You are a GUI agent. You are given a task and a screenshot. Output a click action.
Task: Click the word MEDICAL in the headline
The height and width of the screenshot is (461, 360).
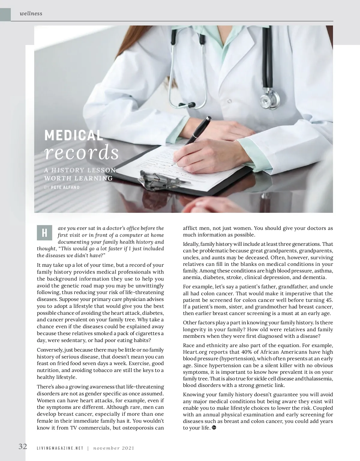point(73,135)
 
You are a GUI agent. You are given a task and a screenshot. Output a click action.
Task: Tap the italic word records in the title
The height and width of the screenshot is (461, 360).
point(81,153)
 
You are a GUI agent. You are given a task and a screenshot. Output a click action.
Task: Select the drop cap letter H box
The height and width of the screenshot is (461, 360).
point(44,233)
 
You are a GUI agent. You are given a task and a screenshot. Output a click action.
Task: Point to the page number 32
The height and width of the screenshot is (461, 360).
point(23,446)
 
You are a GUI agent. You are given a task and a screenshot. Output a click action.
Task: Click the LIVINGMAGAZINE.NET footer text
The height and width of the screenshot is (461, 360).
point(60,448)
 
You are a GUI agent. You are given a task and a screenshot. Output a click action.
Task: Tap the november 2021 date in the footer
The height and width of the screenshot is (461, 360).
point(113,448)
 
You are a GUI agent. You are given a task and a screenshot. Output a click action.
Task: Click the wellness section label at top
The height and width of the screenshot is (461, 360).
point(31,13)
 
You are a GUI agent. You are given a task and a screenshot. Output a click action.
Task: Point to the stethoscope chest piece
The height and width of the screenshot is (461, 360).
point(269,98)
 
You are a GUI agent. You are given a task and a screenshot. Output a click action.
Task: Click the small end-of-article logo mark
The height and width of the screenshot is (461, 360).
point(214,427)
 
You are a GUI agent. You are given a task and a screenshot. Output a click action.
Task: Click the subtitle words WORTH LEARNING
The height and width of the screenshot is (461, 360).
point(78,178)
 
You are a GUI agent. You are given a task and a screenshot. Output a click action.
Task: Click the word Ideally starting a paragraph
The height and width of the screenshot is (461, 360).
point(190,244)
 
